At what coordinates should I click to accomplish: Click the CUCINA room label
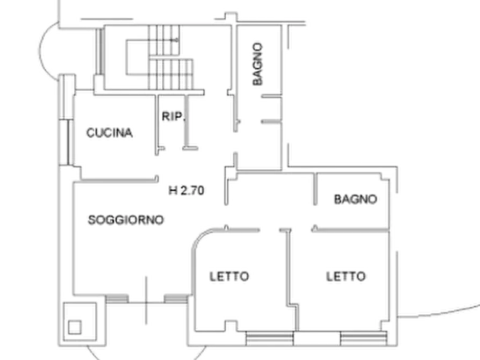click(109, 133)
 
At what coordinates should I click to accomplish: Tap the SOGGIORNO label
click(126, 220)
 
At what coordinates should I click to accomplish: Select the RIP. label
click(174, 116)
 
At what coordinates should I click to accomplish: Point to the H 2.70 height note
click(186, 190)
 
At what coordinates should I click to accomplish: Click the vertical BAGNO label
click(258, 64)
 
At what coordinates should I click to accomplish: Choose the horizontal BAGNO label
click(355, 199)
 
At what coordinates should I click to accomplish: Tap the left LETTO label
click(230, 276)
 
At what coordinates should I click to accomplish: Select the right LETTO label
click(346, 276)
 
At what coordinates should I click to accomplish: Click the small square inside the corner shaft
click(75, 327)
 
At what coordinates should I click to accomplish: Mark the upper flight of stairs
click(164, 40)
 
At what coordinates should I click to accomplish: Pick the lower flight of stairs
click(171, 74)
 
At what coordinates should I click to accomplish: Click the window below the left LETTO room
click(270, 339)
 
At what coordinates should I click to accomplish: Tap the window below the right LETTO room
click(364, 339)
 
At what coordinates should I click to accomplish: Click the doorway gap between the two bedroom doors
click(270, 230)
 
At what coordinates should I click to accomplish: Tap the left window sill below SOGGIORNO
click(117, 298)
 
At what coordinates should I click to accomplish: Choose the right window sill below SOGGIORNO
click(176, 298)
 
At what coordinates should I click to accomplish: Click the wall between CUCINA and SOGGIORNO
click(120, 181)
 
